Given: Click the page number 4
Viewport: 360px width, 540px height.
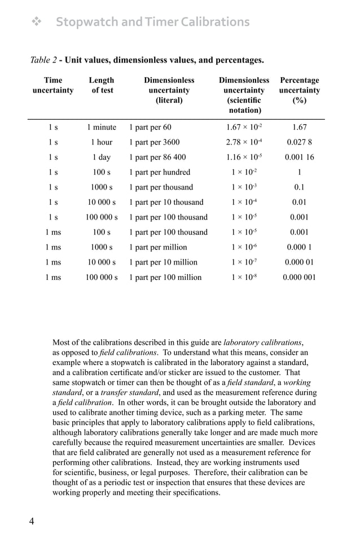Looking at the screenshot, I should coord(32,521).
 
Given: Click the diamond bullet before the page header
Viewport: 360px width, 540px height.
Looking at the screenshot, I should coord(37,22).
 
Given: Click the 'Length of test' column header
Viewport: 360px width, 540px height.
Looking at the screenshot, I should coord(102,85).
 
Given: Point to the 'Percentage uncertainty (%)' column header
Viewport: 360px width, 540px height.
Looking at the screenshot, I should coord(300,90).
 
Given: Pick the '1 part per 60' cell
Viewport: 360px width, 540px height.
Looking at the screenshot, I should coord(150,128).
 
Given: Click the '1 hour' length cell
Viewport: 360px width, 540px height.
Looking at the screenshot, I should coord(102,142).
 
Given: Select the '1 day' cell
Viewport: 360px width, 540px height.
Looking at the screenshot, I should coord(102,157).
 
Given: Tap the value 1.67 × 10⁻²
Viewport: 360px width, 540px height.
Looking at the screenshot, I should coord(244,128).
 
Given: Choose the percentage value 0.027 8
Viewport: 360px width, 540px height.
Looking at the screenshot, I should coord(299,142).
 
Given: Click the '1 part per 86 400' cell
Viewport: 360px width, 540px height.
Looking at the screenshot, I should coord(157,157).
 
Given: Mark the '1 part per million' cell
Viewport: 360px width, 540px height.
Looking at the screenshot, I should coord(158,247).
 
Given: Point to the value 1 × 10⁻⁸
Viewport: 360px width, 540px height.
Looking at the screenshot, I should coord(244,277).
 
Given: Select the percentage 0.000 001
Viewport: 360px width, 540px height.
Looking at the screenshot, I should coord(299,277).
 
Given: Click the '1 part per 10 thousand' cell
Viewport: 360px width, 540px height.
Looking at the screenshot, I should coord(166,202).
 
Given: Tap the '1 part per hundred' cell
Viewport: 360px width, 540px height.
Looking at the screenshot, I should coord(160,172).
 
